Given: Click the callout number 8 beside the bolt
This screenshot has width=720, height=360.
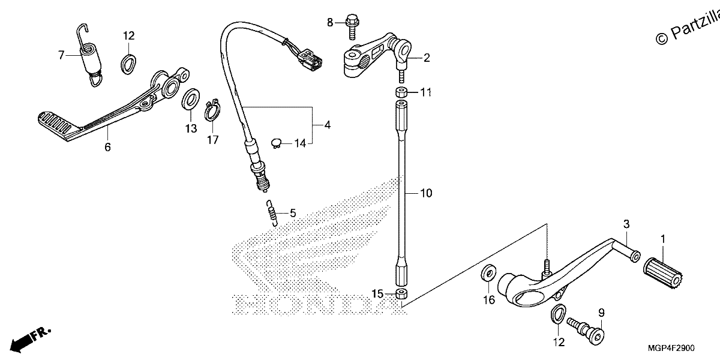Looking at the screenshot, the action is pos(330,23).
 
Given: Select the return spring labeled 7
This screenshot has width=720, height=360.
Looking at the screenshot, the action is pos(89,55).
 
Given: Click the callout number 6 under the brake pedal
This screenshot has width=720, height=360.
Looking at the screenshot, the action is pos(107,147).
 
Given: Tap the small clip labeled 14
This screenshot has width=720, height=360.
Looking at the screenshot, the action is pos(276,143).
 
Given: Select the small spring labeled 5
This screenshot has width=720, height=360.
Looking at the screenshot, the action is pos(272,213).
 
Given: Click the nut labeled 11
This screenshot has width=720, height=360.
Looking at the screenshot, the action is pos(401,92).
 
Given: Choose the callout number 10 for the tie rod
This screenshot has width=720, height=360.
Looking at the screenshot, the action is pos(426,193).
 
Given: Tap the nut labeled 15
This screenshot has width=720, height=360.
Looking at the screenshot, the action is pos(401,294).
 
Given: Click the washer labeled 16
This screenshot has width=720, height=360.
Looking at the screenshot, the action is pos(488,273).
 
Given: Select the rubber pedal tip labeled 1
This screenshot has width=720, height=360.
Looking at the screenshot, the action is pos(663,273).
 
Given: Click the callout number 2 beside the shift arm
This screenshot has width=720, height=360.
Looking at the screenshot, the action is pos(427,58).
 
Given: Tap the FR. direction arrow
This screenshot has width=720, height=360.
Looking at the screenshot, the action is pos(31,339).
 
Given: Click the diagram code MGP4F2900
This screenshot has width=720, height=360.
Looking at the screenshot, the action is pos(671,348).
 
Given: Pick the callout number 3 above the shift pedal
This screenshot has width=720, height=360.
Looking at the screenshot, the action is pos(626,224).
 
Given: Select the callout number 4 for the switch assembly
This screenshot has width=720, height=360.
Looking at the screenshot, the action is pos(327,125).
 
